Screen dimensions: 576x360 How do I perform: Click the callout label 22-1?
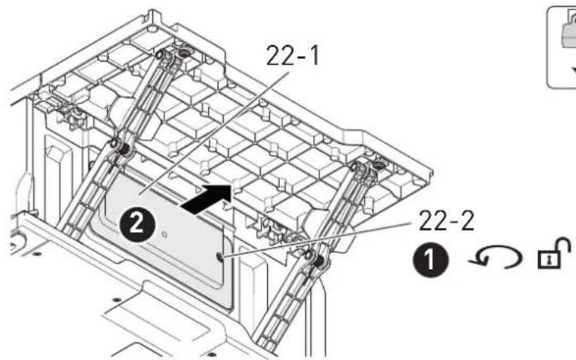[292, 56]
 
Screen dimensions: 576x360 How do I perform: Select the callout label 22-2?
[446, 220]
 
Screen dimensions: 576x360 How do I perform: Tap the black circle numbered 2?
[137, 223]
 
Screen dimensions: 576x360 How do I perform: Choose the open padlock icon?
[554, 253]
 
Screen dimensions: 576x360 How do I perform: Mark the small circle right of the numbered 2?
[164, 234]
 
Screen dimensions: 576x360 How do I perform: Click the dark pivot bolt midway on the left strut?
[125, 148]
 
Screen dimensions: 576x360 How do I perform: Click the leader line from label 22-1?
[214, 132]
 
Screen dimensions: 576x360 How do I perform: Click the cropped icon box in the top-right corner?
[561, 47]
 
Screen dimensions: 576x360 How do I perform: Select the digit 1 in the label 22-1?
[314, 56]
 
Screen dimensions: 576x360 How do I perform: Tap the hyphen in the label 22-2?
[446, 222]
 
